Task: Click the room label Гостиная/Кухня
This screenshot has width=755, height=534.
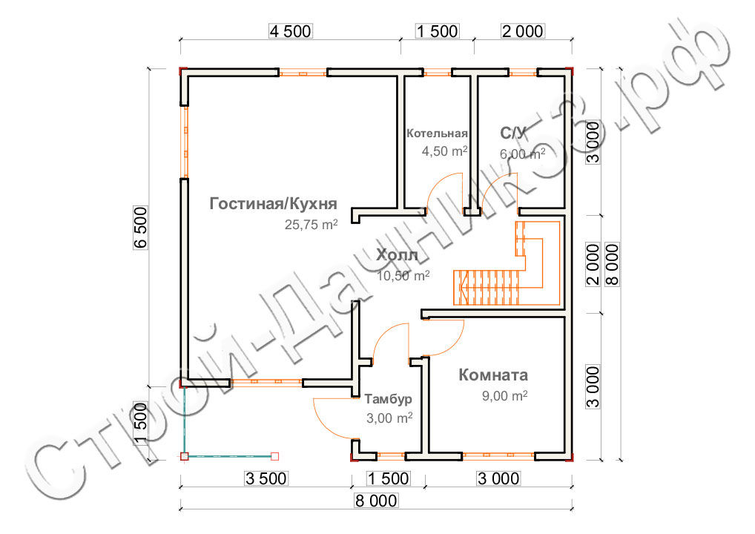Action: tap(274, 204)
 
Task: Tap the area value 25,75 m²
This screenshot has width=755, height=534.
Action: tap(311, 225)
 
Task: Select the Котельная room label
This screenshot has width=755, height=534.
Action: tap(438, 133)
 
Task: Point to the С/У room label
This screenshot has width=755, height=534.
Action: tap(513, 133)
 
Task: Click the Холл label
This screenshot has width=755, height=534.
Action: tap(398, 256)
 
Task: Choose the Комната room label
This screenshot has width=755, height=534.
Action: tap(493, 375)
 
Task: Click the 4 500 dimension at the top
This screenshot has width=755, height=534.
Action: tap(291, 31)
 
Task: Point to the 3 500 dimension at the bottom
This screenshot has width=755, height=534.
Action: tap(265, 478)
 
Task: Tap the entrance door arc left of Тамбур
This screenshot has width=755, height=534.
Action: tap(332, 417)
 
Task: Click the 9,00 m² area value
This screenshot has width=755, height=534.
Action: tap(504, 396)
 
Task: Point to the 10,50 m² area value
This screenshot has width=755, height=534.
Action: tap(403, 276)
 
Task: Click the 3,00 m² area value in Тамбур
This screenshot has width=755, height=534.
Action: tap(389, 418)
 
